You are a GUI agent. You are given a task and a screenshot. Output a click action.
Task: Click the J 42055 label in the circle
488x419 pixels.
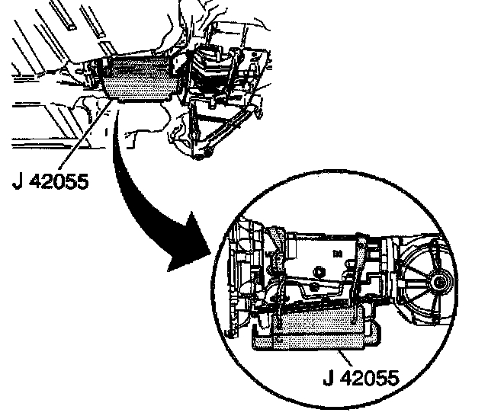click(x=360, y=376)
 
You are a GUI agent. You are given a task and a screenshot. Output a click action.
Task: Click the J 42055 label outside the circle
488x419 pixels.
click(x=49, y=184)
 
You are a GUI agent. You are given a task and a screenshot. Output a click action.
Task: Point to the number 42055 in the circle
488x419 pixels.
click(x=368, y=376)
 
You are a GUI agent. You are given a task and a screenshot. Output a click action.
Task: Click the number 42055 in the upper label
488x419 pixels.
click(x=56, y=184)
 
